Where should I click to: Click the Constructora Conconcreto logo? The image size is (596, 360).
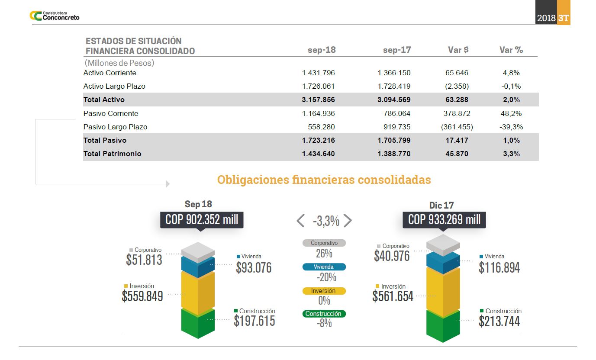[54, 16]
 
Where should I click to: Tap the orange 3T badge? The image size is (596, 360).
[564, 18]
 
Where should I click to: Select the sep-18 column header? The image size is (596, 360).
[322, 50]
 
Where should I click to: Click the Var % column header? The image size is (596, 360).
[511, 50]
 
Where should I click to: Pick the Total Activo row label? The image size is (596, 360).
[104, 100]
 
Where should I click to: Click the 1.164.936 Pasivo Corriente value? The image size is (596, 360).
[319, 113]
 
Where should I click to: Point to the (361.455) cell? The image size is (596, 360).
[457, 127]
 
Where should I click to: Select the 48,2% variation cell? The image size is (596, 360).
[511, 113]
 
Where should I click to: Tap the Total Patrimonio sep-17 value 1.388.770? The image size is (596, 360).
[394, 154]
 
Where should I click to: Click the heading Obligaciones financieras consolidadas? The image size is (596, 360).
[324, 180]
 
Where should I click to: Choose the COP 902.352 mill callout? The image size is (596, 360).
[202, 219]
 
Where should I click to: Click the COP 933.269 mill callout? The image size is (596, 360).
[445, 219]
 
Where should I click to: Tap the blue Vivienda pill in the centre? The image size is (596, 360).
[324, 267]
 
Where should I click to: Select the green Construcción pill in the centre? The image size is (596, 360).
[324, 314]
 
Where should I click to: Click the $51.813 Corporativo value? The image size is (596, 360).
[144, 260]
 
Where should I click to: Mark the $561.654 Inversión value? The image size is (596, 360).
[393, 296]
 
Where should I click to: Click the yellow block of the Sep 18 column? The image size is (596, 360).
[198, 290]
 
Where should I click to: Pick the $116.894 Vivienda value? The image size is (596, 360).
[499, 268]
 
